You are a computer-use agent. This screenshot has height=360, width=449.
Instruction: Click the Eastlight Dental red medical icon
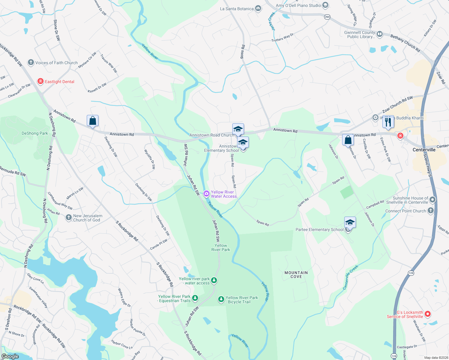pos(41,81)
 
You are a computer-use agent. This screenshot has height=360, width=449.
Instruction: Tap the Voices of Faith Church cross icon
pos(31,62)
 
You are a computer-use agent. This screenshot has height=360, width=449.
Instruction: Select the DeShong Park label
pos(35,133)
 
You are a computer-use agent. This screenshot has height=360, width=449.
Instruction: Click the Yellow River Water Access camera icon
pos(206,193)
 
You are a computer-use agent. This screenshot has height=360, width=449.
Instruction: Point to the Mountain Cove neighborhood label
pos(296,274)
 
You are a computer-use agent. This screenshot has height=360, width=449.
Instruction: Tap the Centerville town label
pos(424,150)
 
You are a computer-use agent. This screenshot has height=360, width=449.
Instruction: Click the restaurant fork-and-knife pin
pos(388,122)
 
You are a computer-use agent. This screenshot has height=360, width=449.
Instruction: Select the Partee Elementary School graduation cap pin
pos(350,223)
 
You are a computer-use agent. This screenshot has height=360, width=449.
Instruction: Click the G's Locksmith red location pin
pos(428,314)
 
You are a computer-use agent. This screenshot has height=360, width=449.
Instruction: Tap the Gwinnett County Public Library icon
pos(380,34)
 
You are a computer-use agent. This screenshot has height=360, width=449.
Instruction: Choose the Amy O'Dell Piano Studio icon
pos(325,5)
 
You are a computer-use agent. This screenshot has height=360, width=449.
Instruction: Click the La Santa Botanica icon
pos(258,8)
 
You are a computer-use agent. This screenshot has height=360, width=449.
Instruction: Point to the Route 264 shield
pos(327,17)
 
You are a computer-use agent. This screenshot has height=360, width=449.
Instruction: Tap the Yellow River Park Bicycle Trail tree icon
pos(221,299)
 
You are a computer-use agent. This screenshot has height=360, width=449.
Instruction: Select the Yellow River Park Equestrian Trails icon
pos(195,298)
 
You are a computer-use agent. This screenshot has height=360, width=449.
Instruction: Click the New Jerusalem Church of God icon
pos(69,217)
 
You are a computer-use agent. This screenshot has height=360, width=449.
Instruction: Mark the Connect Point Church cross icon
pos(431,211)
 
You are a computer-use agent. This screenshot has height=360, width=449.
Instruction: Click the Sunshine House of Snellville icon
pos(432,199)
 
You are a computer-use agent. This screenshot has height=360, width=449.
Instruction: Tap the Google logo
pos(10,356)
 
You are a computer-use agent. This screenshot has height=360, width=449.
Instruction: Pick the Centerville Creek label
pos(351,277)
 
